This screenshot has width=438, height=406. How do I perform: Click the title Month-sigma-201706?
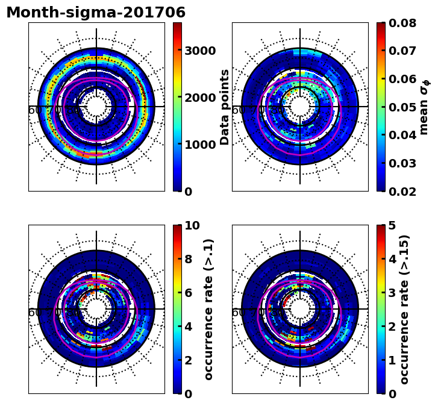(x=96, y=13)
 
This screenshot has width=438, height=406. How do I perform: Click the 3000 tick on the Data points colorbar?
(x=200, y=51)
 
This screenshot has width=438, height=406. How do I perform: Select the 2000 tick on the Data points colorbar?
(x=200, y=98)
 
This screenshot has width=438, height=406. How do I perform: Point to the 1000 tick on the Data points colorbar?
(x=200, y=145)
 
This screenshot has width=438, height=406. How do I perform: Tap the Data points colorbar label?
(x=225, y=107)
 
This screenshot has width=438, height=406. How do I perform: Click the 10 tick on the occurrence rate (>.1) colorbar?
(x=192, y=226)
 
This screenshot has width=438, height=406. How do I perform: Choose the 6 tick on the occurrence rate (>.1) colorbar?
(x=188, y=293)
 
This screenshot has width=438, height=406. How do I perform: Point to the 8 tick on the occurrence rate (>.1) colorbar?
(x=188, y=259)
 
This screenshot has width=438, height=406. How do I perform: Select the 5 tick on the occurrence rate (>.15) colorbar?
(x=392, y=226)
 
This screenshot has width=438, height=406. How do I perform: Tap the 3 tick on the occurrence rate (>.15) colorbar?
(x=392, y=293)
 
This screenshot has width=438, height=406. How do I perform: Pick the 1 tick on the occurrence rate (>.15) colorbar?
(x=392, y=360)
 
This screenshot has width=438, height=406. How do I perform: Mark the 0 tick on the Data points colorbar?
(x=188, y=192)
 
